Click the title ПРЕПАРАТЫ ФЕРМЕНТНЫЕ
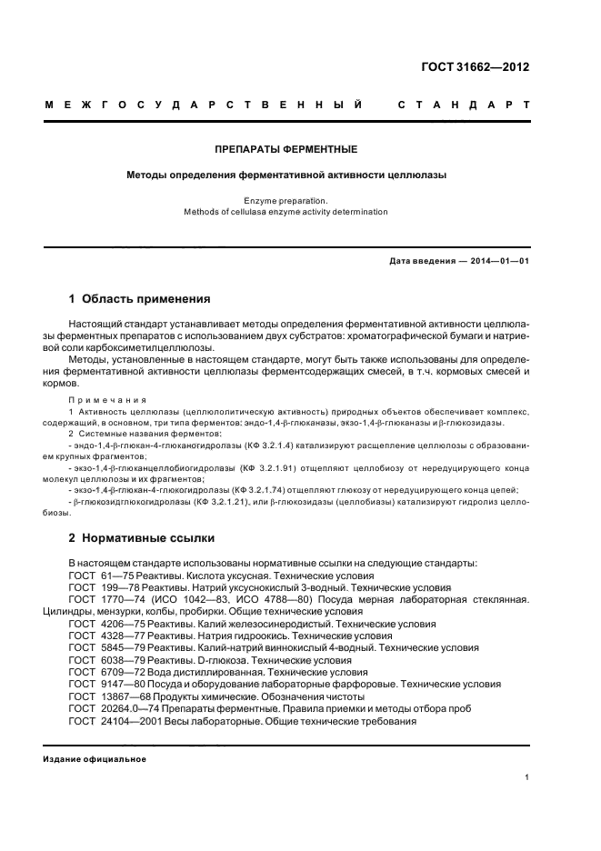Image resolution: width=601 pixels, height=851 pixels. [x=285, y=148]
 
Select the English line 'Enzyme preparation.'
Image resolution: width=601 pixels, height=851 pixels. [x=285, y=199]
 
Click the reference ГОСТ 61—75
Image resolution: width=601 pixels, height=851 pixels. [x=100, y=576]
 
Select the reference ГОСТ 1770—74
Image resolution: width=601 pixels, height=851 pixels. [x=105, y=599]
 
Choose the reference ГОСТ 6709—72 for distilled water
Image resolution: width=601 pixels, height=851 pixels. [x=105, y=671]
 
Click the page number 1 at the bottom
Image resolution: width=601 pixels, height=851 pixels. [x=527, y=778]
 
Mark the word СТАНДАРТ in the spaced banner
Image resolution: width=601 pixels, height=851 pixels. [x=464, y=105]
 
